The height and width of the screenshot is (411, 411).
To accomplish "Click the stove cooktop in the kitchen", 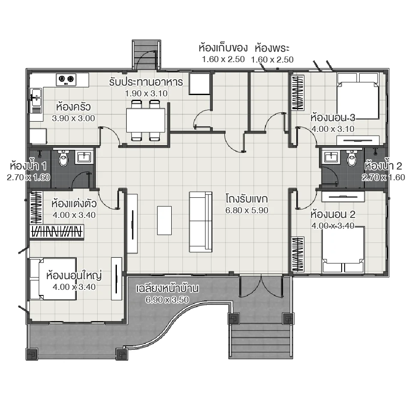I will (66, 78).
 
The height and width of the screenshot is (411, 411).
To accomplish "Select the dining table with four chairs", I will (146, 120).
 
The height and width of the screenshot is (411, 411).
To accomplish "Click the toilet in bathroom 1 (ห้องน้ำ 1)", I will (63, 159).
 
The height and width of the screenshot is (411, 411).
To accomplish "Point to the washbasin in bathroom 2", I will (331, 158).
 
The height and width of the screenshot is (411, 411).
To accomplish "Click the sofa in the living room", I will (200, 222).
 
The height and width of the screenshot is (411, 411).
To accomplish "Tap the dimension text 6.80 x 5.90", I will (247, 210).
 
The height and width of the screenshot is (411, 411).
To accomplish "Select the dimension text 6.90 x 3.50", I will (167, 300).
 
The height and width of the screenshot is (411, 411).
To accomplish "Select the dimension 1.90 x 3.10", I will (146, 92).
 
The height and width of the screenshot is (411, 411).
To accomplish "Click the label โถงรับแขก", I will (247, 199).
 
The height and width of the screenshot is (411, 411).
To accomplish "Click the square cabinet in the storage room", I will (199, 84).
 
